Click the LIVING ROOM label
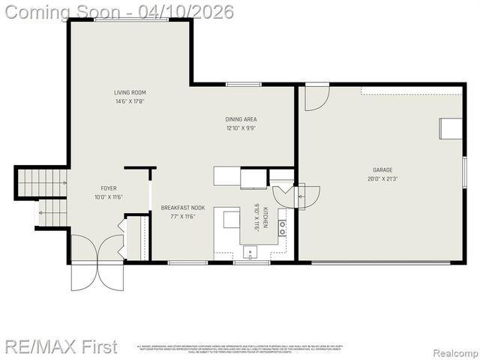click(130, 93)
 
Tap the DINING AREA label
click(241, 119)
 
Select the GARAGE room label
click(382, 170)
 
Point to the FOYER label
click(109, 188)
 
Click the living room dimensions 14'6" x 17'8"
click(130, 102)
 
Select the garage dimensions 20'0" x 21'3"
click(382, 179)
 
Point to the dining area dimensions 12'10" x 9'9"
click(241, 128)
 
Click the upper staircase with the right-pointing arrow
click(42, 181)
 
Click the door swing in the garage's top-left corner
click(316, 97)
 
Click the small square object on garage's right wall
click(451, 128)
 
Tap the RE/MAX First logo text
click(61, 346)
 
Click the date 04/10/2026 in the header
click(190, 12)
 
